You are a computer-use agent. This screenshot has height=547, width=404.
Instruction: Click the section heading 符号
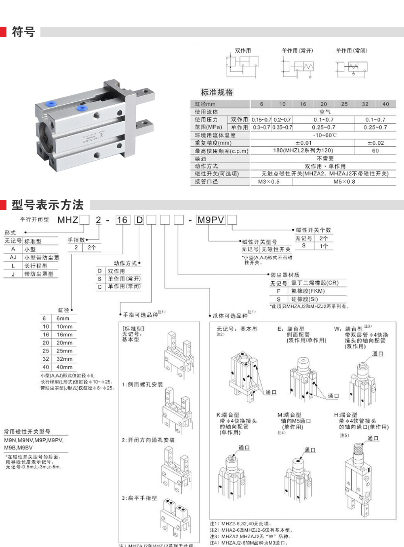tap(23, 32)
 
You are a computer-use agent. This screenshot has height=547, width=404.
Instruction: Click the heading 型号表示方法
tap(47, 205)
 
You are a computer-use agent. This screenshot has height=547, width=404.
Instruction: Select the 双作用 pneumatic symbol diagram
tap(242, 65)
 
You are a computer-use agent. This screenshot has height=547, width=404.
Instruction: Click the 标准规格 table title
tap(217, 92)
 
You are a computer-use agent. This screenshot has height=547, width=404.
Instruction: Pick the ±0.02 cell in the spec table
tap(375, 143)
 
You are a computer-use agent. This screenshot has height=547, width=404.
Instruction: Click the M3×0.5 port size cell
tap(269, 182)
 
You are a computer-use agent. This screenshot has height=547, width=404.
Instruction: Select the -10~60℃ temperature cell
tap(324, 135)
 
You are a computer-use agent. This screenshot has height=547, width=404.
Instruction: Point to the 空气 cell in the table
tap(324, 112)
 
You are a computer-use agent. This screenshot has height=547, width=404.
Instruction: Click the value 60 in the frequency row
tap(375, 150)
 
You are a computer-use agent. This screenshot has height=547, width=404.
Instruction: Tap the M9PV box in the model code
tap(210, 220)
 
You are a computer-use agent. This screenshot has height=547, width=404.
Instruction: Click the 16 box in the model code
tap(122, 220)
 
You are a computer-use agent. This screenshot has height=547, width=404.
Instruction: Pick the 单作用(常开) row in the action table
tap(124, 279)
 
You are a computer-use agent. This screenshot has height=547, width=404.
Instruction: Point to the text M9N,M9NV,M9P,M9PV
tap(34, 440)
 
